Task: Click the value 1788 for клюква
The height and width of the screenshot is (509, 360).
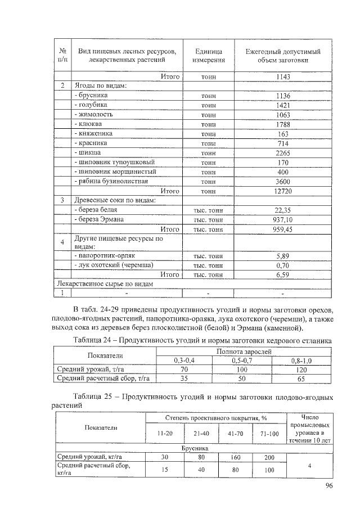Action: [x=282, y=124]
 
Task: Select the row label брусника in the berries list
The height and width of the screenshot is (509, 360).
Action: [x=93, y=95]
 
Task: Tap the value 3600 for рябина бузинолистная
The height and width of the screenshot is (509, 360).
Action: [x=282, y=181]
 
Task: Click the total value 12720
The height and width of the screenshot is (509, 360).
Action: [x=282, y=191]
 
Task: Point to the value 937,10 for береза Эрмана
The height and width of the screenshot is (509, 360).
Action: [x=282, y=219]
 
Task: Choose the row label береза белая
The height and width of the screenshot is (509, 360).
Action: [x=95, y=210]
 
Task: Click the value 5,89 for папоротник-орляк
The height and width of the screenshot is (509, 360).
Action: [x=282, y=255]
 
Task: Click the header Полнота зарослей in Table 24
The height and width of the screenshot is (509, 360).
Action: [x=243, y=351]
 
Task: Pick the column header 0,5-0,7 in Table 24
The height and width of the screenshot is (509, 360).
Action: [x=243, y=360]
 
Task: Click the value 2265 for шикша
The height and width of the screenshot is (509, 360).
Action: [x=282, y=152]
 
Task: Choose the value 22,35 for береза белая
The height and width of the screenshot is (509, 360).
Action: [x=282, y=210]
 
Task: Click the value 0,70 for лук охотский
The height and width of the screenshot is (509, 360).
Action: [x=282, y=265]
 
